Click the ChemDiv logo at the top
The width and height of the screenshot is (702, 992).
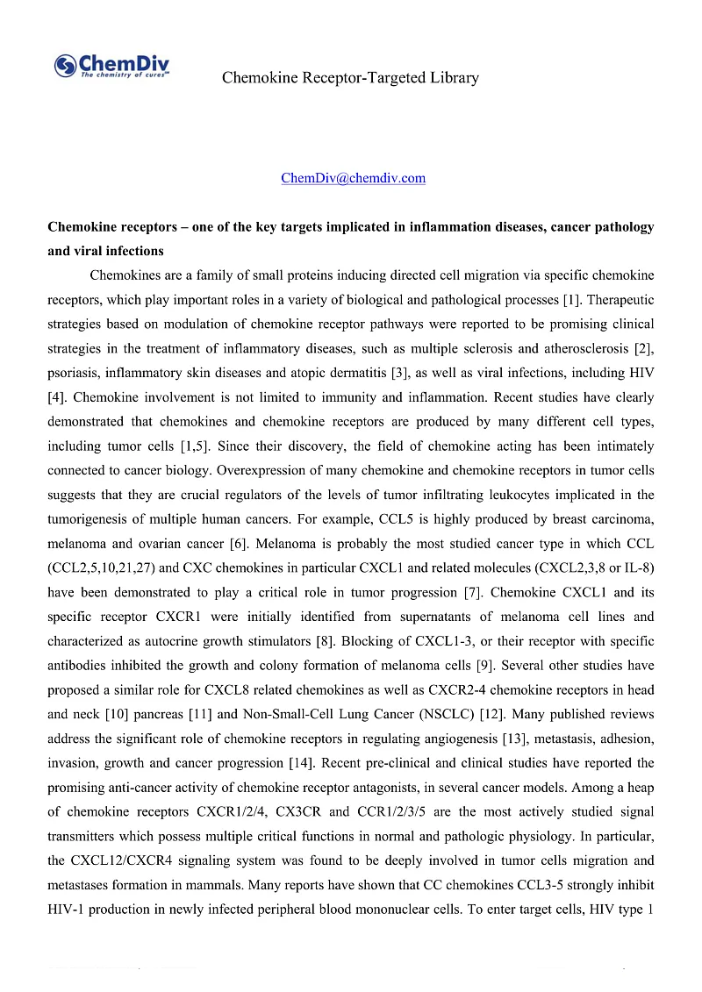pyautogui.click(x=111, y=66)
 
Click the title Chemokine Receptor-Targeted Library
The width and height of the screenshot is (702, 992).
pyautogui.click(x=350, y=78)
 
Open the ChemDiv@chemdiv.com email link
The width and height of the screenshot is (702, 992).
pyautogui.click(x=353, y=178)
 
